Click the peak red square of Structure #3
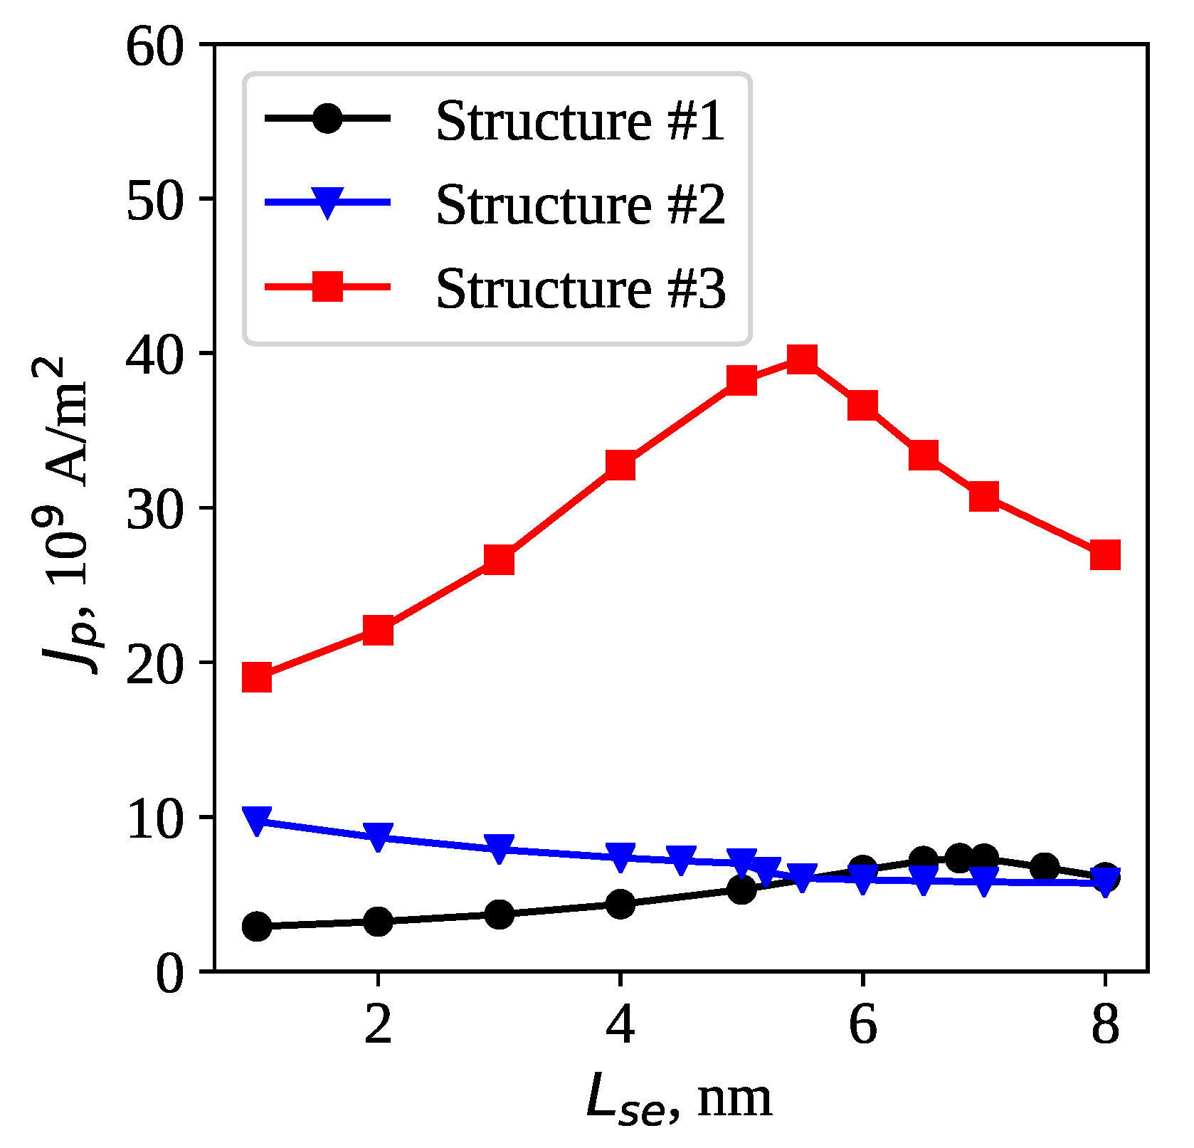[x=802, y=359]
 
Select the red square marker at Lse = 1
[x=257, y=678]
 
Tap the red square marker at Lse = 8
[x=1105, y=554]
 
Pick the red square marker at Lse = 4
[x=620, y=465]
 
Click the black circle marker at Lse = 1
[x=257, y=926]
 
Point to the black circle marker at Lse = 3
[x=499, y=915]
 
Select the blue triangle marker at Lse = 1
[x=257, y=819]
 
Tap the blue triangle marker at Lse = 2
[x=378, y=836]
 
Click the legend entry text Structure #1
[x=580, y=121]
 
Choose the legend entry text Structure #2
[x=580, y=205]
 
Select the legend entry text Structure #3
[x=580, y=289]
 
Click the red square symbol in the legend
[x=328, y=286]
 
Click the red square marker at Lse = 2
[x=378, y=630]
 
